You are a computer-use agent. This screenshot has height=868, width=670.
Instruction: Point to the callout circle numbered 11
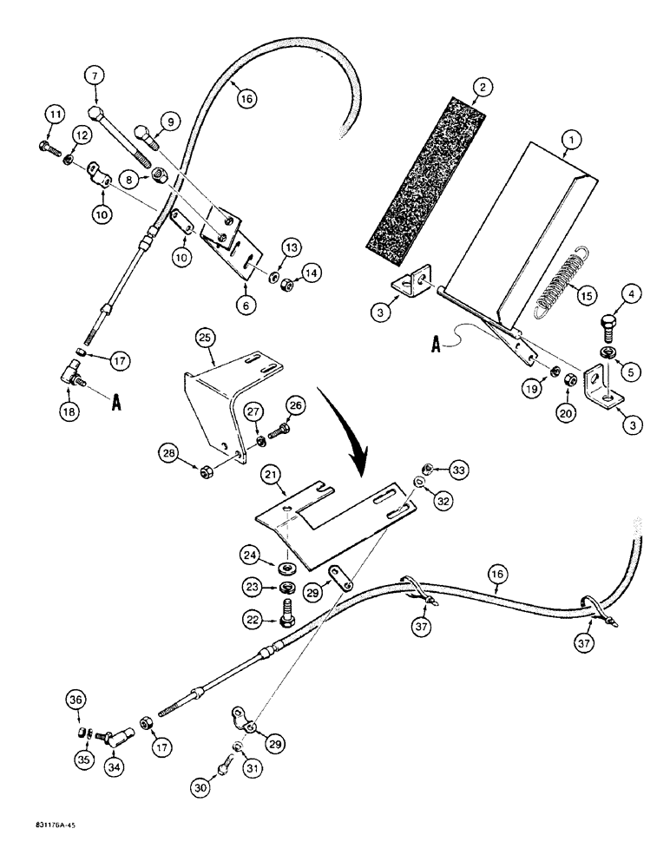(x=55, y=114)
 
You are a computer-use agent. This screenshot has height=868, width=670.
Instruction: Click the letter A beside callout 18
(x=115, y=403)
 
